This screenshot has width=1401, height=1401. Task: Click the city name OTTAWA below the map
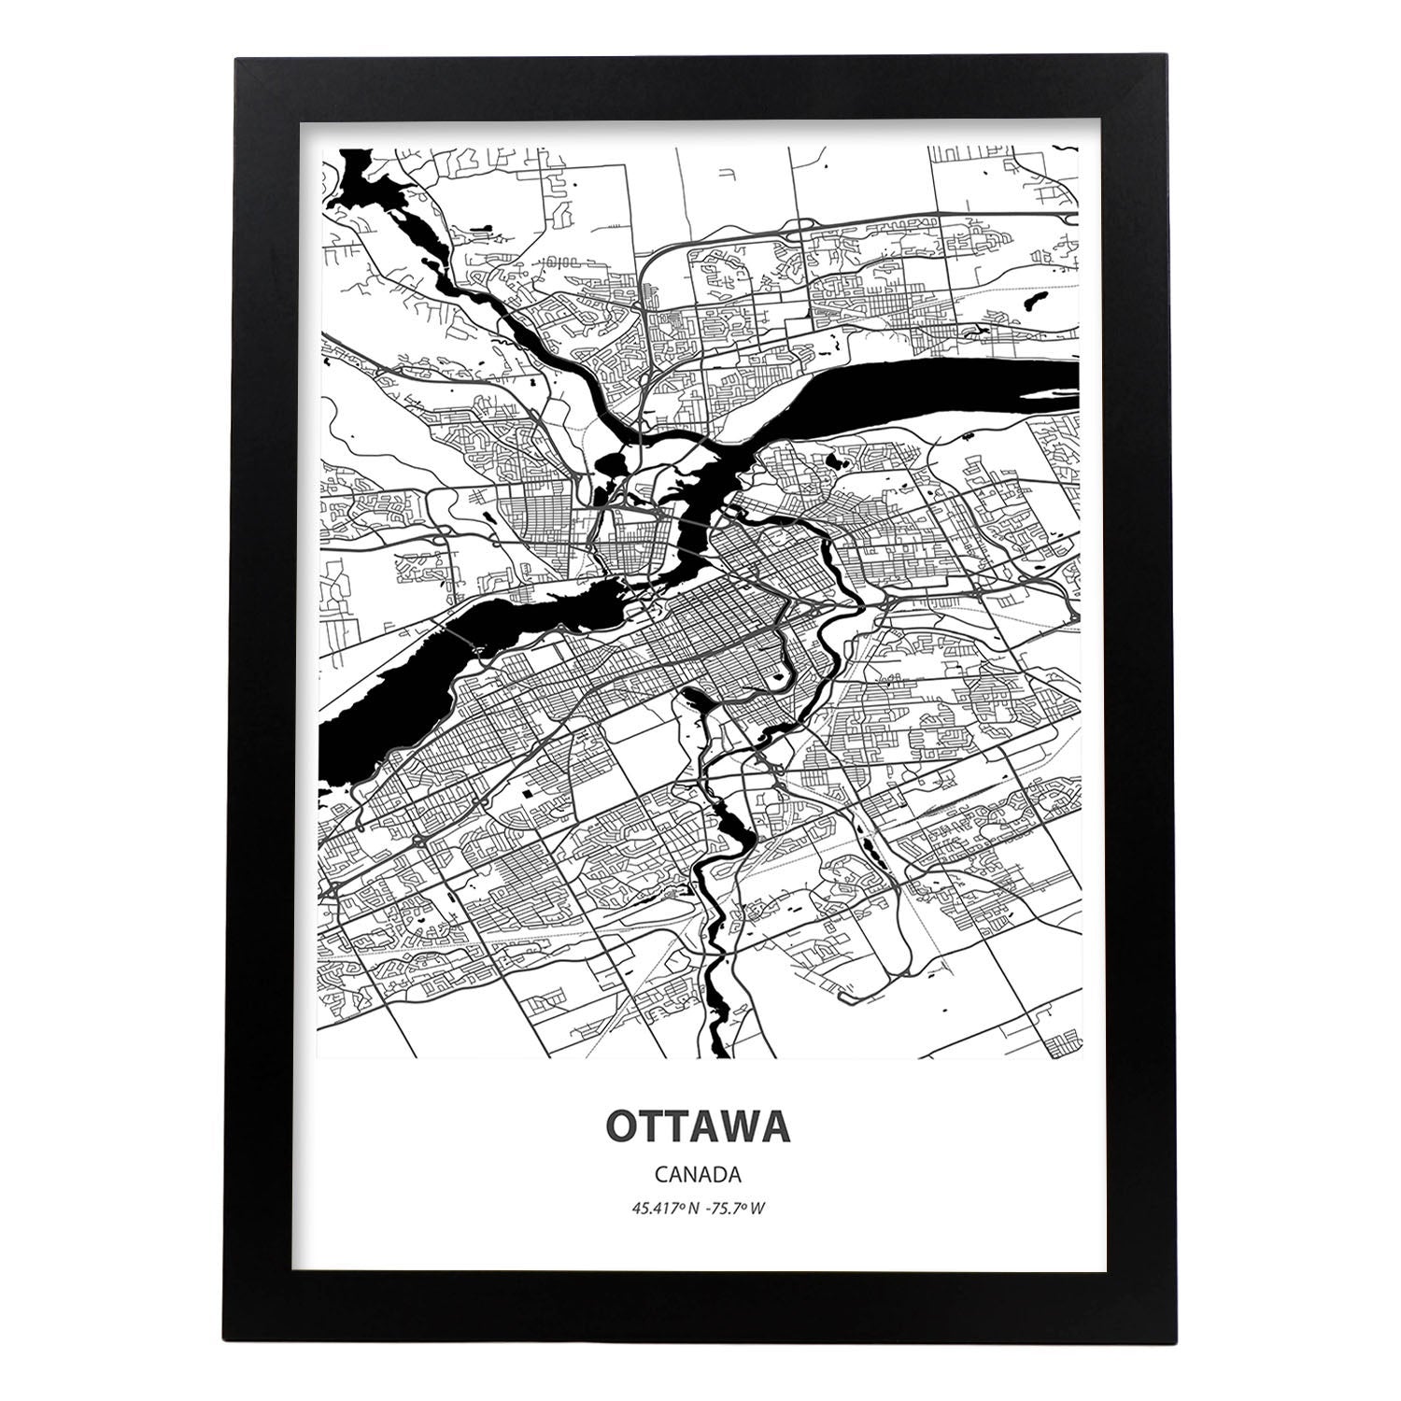tap(700, 1126)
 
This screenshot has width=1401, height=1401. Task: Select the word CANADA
tap(700, 1173)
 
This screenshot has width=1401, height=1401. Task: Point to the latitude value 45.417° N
tap(665, 1209)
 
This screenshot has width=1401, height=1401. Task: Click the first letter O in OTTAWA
tap(624, 1126)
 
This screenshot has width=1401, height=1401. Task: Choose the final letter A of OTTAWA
tap(776, 1126)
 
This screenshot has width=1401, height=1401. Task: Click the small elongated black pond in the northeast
tap(1035, 277)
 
